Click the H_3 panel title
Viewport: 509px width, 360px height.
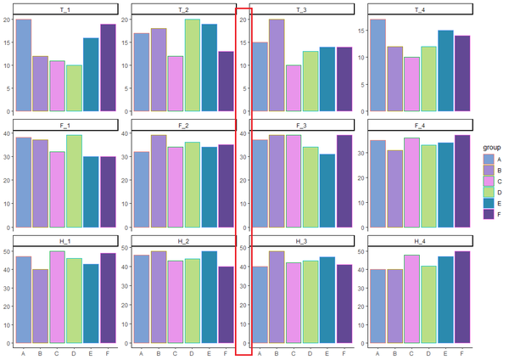click(x=301, y=241)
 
